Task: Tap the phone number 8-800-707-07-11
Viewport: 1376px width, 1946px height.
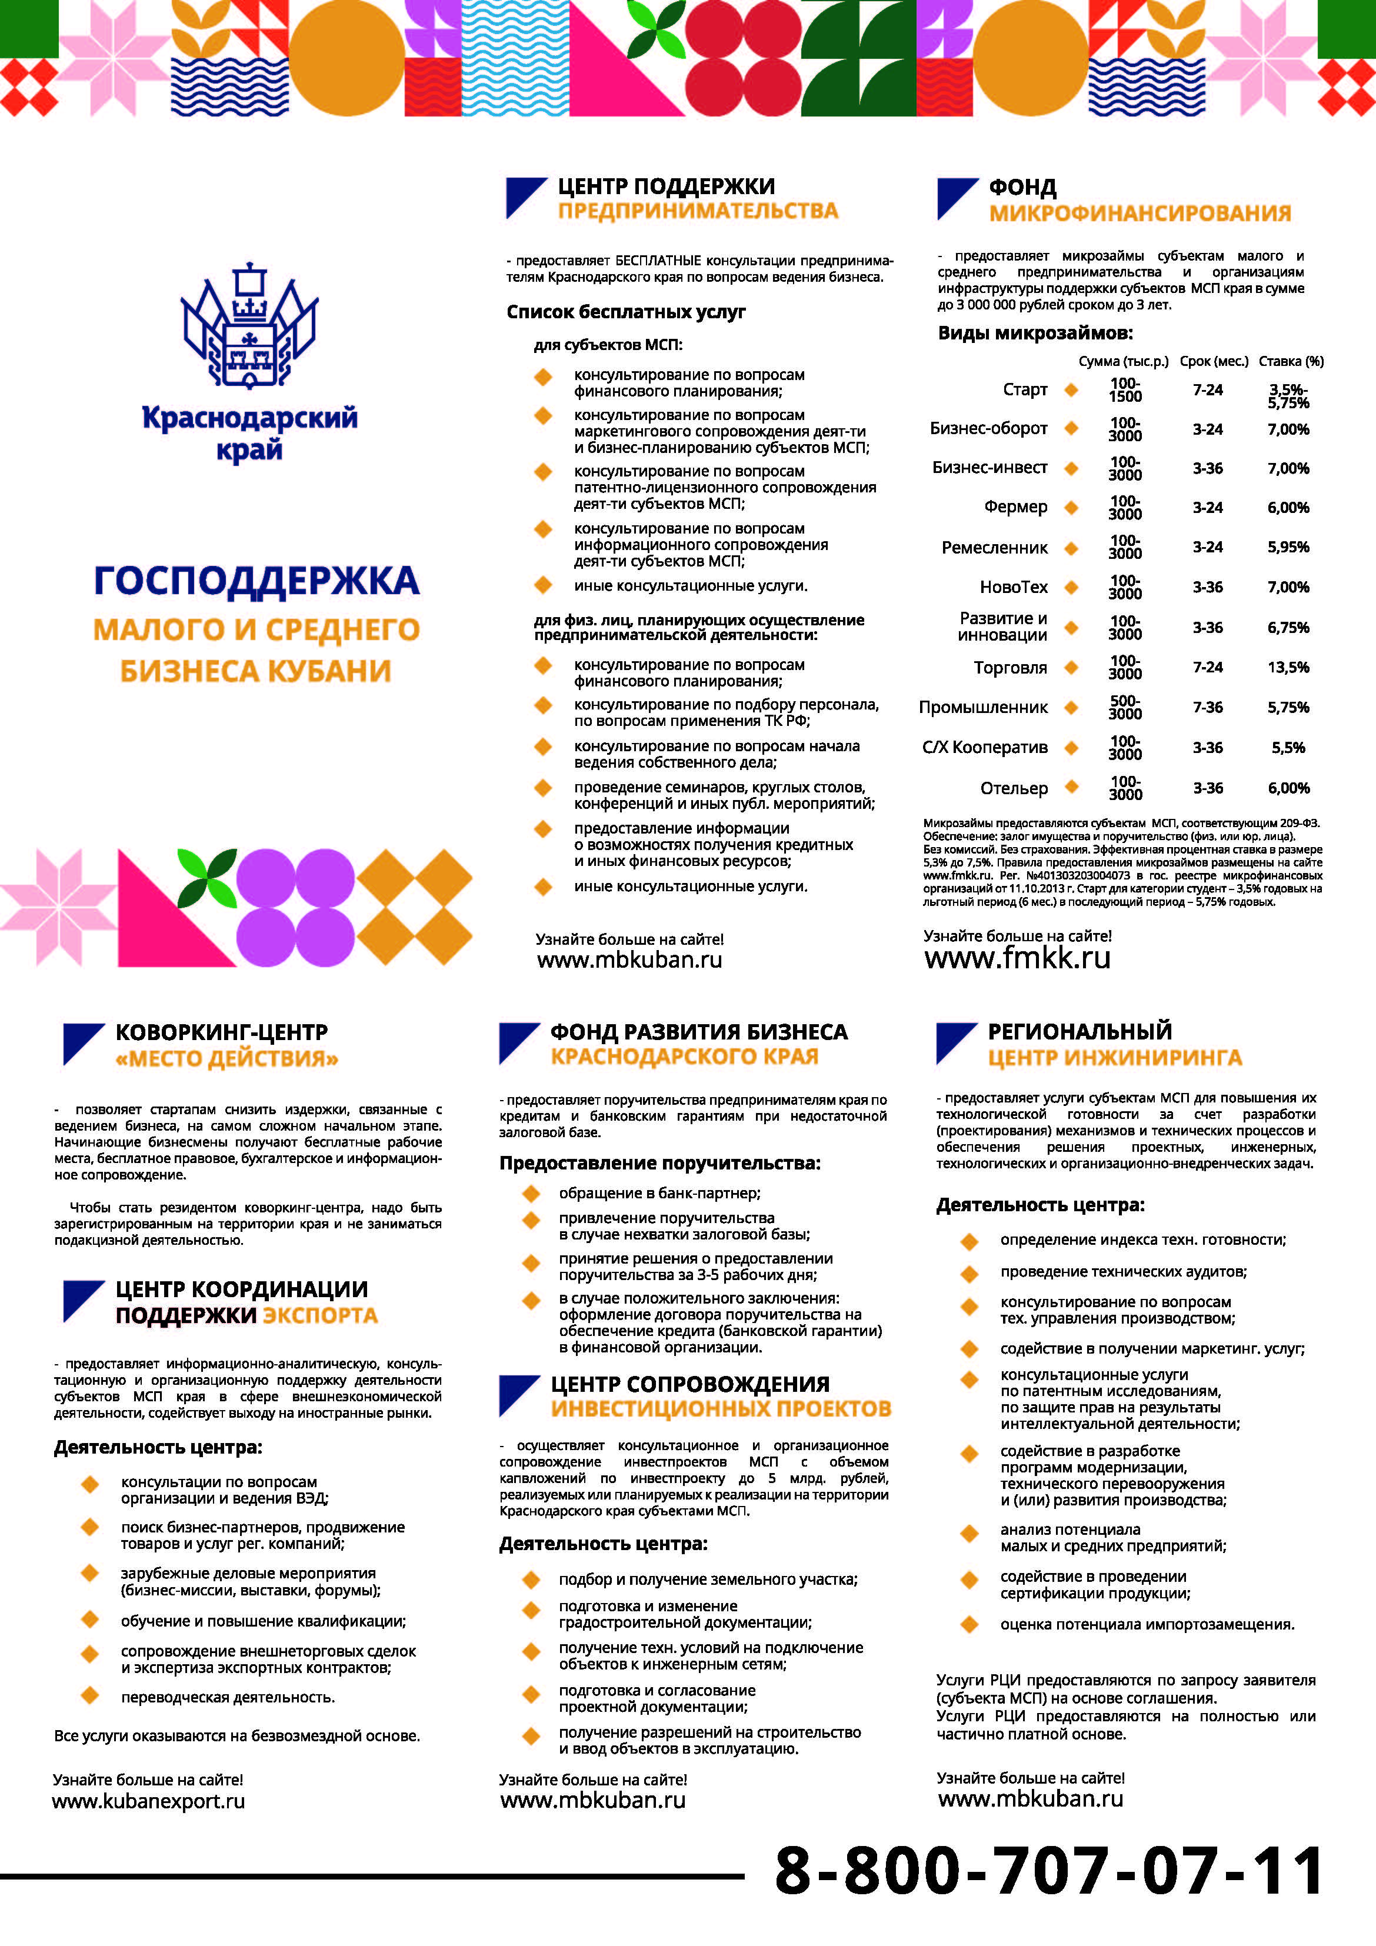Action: tap(1049, 1871)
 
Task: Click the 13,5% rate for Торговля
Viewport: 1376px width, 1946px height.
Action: tap(1287, 668)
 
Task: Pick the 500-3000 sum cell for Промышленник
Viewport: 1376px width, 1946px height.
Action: tap(1124, 707)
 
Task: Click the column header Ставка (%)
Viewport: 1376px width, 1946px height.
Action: tap(1290, 361)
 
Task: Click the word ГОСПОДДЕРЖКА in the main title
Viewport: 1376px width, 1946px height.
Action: tap(256, 581)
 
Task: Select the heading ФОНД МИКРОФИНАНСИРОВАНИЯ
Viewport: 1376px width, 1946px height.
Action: tap(1138, 200)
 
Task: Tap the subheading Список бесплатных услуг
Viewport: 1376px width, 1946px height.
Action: tap(626, 312)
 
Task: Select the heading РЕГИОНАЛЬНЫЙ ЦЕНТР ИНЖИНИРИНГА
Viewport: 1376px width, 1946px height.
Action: tap(1113, 1044)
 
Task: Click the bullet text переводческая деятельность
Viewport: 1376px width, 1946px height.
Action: tap(227, 1697)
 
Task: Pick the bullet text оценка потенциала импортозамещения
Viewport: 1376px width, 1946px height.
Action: tap(1146, 1625)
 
